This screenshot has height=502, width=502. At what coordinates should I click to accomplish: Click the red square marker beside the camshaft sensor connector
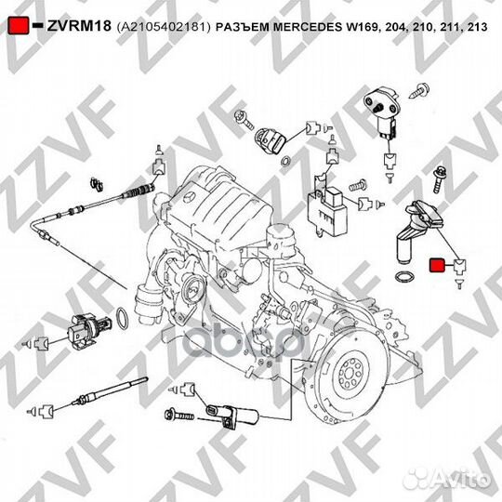click(435, 267)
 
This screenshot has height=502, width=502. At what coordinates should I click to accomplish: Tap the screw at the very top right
click(425, 90)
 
